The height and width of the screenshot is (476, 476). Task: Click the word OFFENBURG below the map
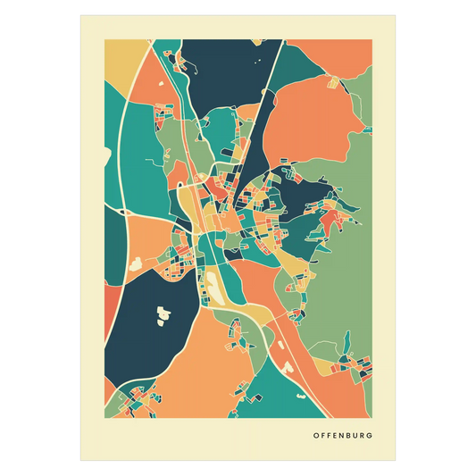tap(343, 437)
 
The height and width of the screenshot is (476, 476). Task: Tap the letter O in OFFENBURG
tap(315, 437)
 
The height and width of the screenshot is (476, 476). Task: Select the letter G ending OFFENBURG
tap(371, 437)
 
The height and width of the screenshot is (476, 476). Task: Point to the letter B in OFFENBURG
tap(348, 437)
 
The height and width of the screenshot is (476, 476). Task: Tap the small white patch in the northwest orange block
tap(137, 263)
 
